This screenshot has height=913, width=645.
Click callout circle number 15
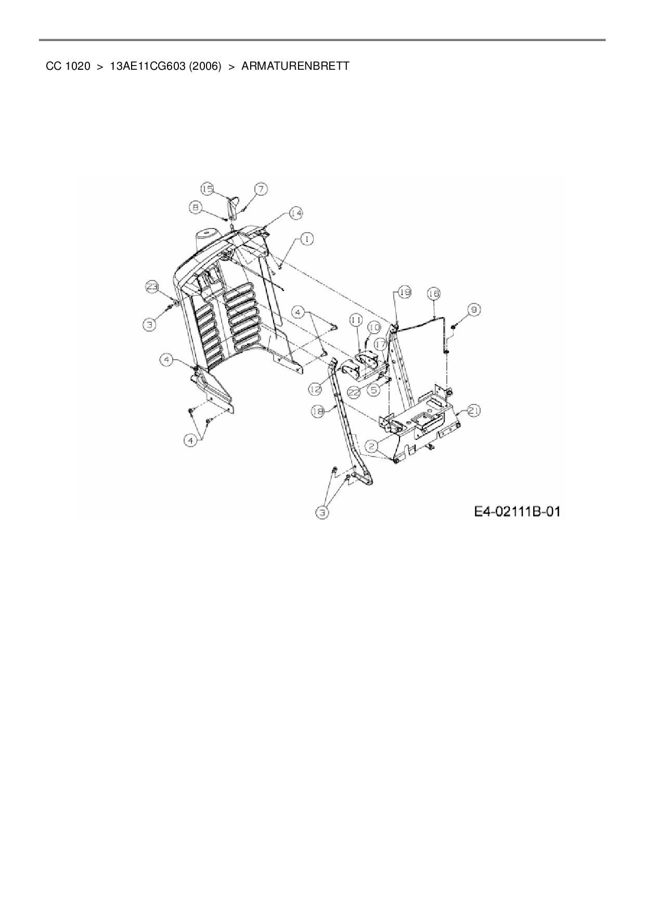(x=208, y=189)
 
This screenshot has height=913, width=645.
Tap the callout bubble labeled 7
(x=261, y=189)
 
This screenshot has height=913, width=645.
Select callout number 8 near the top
(x=196, y=207)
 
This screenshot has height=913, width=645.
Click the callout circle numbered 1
(x=307, y=238)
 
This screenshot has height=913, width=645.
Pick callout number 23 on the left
(x=151, y=286)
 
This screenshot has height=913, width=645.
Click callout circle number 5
(x=373, y=389)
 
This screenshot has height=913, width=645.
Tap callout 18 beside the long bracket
(x=318, y=411)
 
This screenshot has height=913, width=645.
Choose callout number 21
(x=474, y=411)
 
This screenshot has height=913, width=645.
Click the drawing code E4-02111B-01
(x=518, y=512)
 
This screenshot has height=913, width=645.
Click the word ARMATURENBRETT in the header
(x=295, y=67)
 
